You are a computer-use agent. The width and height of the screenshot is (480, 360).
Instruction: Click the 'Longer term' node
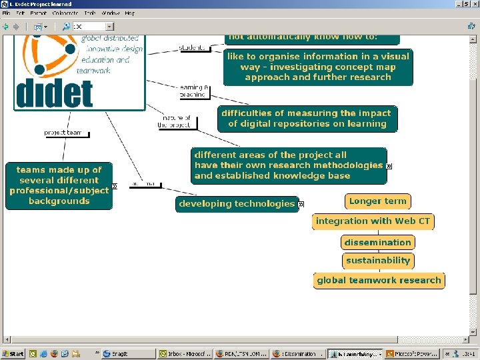pyautogui.click(x=377, y=201)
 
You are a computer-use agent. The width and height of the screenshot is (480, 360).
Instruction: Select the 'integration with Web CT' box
pyautogui.click(x=373, y=221)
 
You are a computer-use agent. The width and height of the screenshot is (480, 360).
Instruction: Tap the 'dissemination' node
pyautogui.click(x=377, y=243)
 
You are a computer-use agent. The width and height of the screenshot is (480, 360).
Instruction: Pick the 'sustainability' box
pyautogui.click(x=377, y=261)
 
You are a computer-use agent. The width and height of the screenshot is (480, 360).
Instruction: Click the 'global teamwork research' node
pyautogui.click(x=379, y=281)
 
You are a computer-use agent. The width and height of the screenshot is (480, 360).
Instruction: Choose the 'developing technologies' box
pyautogui.click(x=237, y=204)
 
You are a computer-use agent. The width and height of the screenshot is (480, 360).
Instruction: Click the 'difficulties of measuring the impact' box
pyautogui.click(x=307, y=119)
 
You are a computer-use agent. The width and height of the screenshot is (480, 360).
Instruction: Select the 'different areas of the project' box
pyautogui.click(x=289, y=165)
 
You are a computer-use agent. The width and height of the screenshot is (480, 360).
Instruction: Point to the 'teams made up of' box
pyautogui.click(x=59, y=185)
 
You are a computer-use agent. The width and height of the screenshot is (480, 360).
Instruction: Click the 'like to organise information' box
pyautogui.click(x=318, y=67)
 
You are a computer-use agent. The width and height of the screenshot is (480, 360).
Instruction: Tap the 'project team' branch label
pyautogui.click(x=64, y=133)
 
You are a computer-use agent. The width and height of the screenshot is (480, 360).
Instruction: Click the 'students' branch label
pyautogui.click(x=193, y=48)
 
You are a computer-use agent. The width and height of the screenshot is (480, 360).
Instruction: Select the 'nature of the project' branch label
pyautogui.click(x=174, y=121)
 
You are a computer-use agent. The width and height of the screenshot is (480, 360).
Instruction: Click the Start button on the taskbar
pyautogui.click(x=13, y=354)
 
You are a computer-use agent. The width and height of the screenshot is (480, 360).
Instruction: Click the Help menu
pyautogui.click(x=129, y=13)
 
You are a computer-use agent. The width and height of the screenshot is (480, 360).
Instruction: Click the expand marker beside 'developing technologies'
pyautogui.click(x=301, y=204)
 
